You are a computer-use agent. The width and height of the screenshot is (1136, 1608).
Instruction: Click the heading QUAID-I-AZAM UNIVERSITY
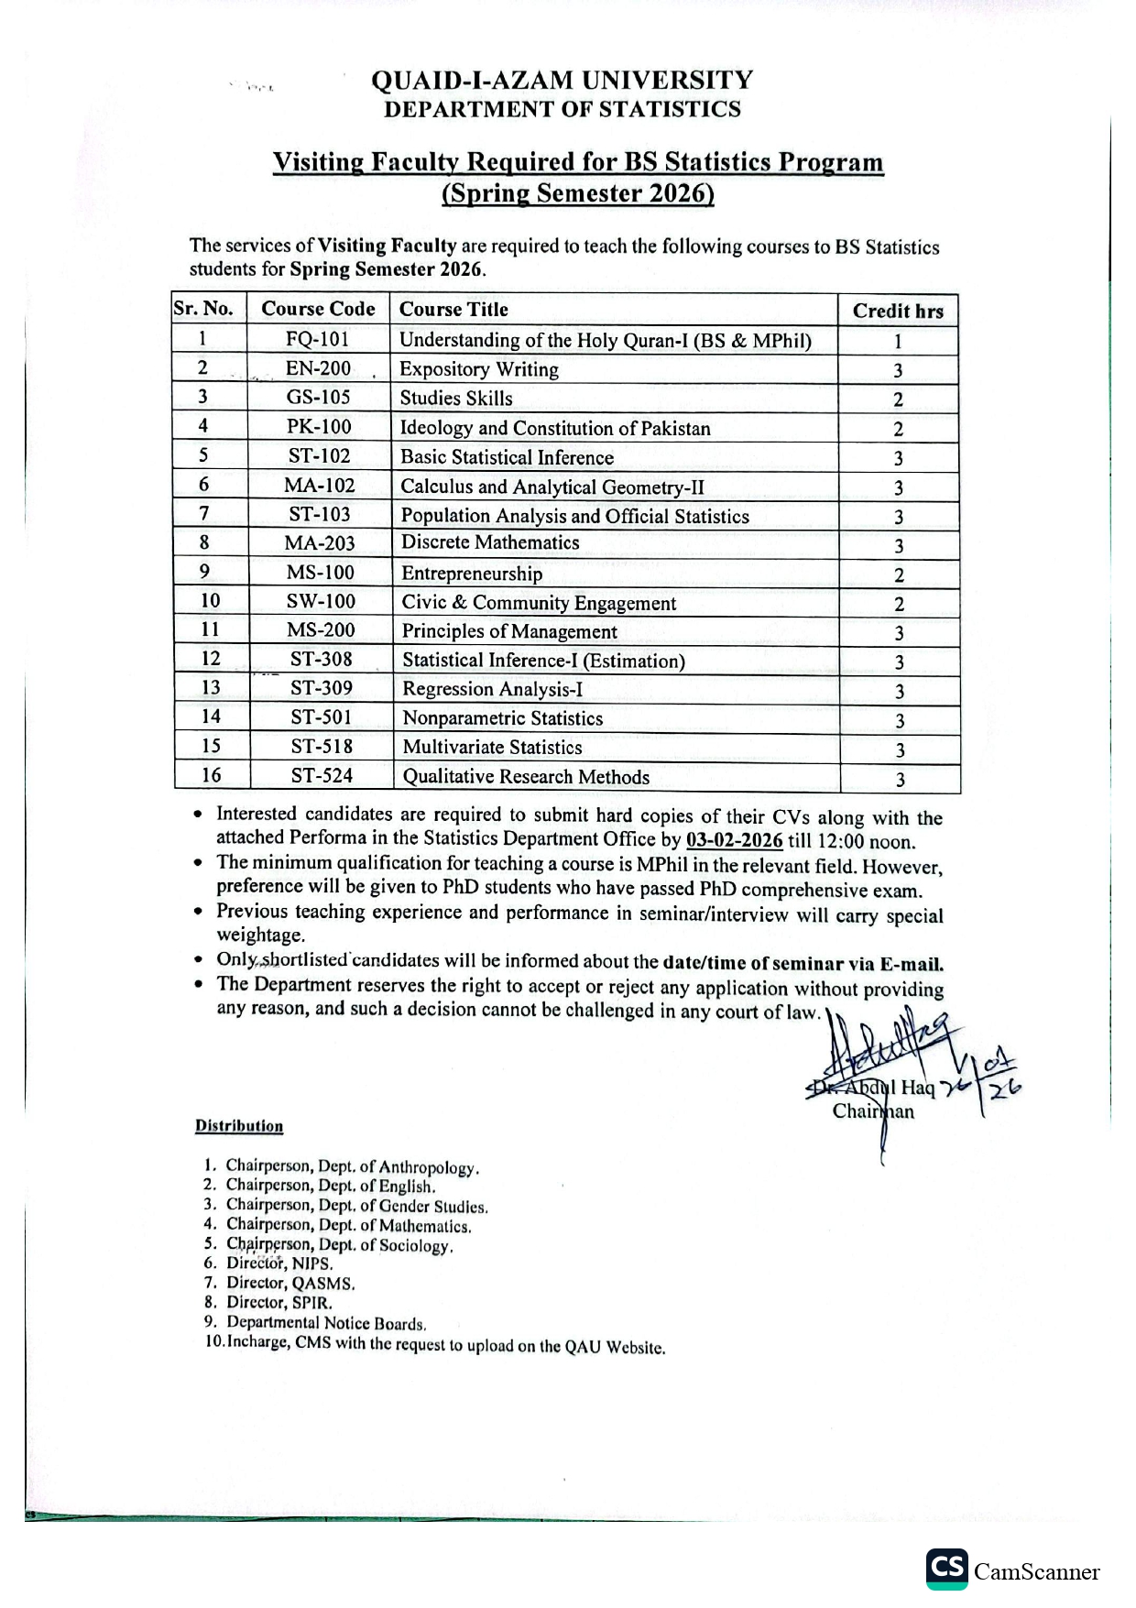click(562, 81)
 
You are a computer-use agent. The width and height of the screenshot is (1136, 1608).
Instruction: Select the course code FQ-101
click(317, 339)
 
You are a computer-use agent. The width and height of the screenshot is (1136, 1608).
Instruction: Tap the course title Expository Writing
click(479, 369)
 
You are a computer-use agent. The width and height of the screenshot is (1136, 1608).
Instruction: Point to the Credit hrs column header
click(898, 311)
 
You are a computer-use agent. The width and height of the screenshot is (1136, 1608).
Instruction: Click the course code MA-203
click(319, 543)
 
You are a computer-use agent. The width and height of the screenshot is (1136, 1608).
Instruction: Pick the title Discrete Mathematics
click(490, 542)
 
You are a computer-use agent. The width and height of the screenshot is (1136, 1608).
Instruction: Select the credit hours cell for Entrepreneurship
click(899, 575)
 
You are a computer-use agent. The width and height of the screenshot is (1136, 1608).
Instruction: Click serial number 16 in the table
click(211, 775)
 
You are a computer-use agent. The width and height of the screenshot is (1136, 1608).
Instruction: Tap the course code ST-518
click(322, 747)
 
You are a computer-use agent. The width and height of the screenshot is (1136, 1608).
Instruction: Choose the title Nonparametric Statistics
click(503, 718)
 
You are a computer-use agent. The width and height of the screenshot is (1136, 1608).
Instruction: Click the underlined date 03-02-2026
click(734, 841)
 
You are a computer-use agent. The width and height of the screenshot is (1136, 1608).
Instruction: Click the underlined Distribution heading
click(239, 1126)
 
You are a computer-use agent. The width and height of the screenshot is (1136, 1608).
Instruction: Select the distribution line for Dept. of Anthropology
click(353, 1167)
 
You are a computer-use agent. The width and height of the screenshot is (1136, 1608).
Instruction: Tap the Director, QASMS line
click(290, 1284)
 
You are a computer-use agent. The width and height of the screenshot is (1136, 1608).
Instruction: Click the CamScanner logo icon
click(946, 1569)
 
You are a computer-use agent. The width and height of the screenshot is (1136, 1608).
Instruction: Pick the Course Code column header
click(318, 309)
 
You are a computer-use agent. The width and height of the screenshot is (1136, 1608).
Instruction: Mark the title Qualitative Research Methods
click(526, 777)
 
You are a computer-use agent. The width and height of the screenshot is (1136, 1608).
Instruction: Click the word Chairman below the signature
click(873, 1111)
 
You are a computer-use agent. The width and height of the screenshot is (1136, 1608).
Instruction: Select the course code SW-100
click(321, 602)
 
